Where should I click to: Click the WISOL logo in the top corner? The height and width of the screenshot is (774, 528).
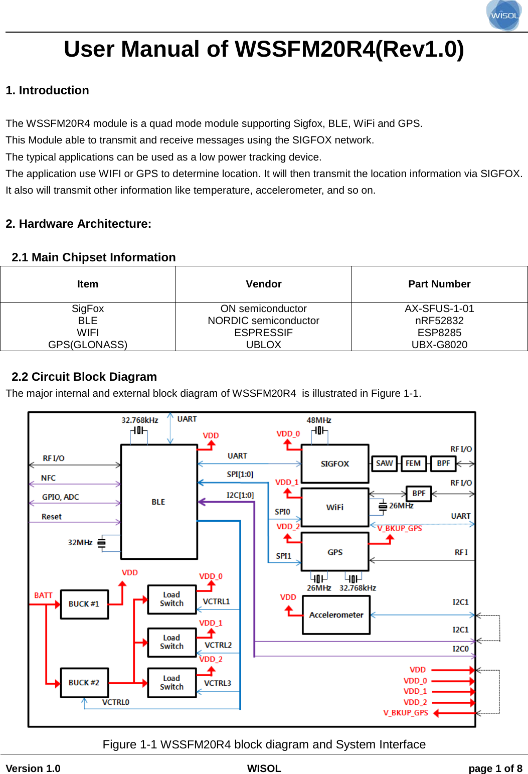(x=504, y=15)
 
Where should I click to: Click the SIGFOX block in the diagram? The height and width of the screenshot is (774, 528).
(x=334, y=463)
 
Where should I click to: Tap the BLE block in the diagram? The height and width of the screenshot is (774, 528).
(x=159, y=502)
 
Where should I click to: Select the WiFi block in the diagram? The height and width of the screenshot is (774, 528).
(x=334, y=507)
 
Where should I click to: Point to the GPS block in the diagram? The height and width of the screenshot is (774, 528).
(x=334, y=552)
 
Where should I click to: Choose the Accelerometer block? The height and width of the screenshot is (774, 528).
(x=336, y=614)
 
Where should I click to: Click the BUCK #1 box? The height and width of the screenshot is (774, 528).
(x=84, y=604)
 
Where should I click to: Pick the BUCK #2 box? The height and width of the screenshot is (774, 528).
(x=84, y=682)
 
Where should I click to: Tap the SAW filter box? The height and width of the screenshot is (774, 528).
(x=384, y=463)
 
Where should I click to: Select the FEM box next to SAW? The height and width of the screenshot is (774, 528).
(x=413, y=463)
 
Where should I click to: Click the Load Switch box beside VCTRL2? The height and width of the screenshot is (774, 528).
(x=171, y=642)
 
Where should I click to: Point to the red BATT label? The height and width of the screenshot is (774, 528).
(x=43, y=595)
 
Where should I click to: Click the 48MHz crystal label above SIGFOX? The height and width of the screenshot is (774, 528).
(x=319, y=420)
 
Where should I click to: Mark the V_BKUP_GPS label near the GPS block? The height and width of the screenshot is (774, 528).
(x=400, y=528)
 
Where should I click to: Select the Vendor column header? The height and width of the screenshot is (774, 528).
(x=264, y=284)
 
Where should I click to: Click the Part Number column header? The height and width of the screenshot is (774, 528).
(x=439, y=284)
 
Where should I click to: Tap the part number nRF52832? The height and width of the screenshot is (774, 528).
(x=439, y=321)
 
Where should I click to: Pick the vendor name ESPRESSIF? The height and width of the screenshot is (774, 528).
(x=264, y=333)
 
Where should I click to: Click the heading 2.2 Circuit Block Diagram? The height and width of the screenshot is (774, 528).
(x=84, y=377)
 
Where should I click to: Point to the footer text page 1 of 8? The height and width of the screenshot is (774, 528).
(x=495, y=768)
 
